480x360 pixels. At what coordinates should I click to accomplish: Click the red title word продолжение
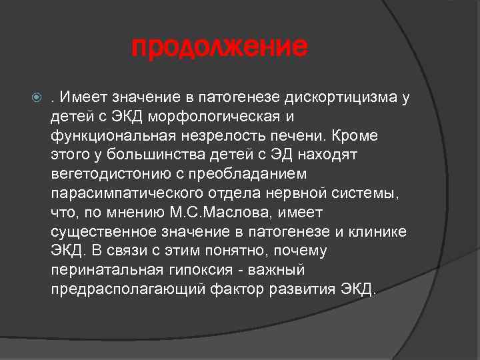point(221,47)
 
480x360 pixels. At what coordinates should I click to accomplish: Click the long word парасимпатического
point(118,193)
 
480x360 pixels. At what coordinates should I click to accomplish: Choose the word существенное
point(101,232)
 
